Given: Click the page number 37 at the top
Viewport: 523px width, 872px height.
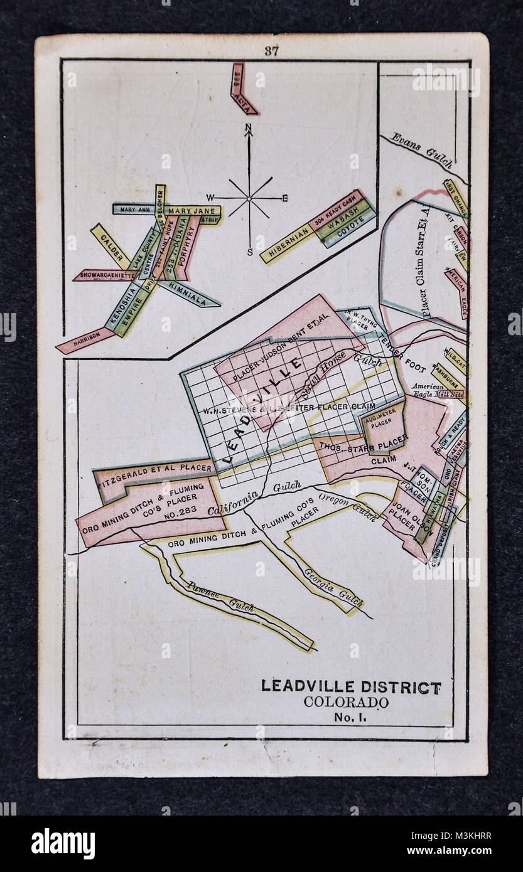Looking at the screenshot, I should coord(271,51).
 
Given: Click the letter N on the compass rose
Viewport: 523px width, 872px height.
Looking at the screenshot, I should coord(249,129).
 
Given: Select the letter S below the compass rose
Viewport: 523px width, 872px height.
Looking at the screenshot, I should coord(249,252).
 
